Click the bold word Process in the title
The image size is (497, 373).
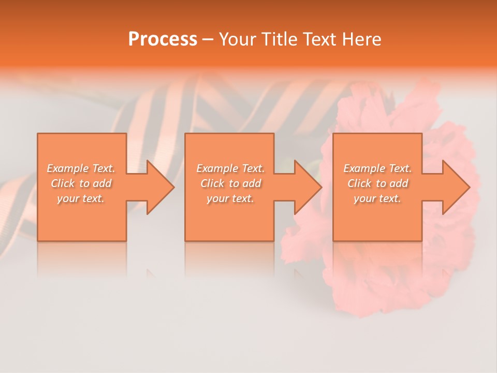click(163, 39)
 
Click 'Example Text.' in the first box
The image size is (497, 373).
click(81, 168)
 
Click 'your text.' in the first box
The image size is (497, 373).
click(81, 198)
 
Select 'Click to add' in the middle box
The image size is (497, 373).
click(230, 183)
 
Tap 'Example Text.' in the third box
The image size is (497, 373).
click(377, 168)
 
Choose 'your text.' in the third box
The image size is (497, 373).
click(377, 198)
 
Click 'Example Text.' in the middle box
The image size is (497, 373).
click(230, 168)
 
